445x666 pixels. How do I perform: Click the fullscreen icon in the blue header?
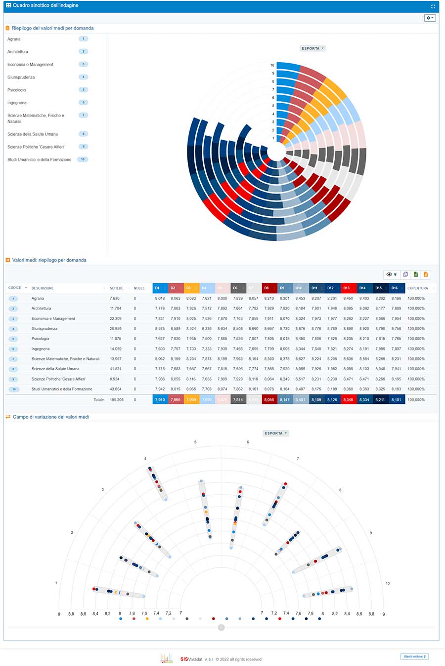point(433,6)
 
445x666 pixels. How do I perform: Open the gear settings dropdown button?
point(430,18)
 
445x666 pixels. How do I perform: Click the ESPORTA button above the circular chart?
point(312,48)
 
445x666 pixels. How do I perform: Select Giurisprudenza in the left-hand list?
point(21,77)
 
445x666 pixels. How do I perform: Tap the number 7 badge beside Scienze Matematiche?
point(84,115)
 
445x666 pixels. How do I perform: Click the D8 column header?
point(267,288)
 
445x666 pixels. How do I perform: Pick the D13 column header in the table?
point(347,288)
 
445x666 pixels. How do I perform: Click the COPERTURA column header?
point(418,288)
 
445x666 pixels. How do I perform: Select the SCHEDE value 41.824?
point(115,369)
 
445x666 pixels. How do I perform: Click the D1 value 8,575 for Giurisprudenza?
point(160,328)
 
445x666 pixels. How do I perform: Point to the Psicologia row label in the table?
point(40,339)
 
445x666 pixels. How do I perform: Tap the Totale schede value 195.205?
point(117,399)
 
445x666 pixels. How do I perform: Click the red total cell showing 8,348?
point(349,399)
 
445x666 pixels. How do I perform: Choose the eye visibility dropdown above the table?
point(391,274)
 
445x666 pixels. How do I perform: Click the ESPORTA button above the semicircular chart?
point(275,433)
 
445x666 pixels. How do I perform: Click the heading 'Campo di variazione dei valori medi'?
point(50,417)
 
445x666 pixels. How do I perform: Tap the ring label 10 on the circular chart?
point(272,65)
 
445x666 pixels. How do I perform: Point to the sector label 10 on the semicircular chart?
point(388,583)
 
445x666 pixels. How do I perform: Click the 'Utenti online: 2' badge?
point(414,656)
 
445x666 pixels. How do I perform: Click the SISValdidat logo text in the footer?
point(191,659)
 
